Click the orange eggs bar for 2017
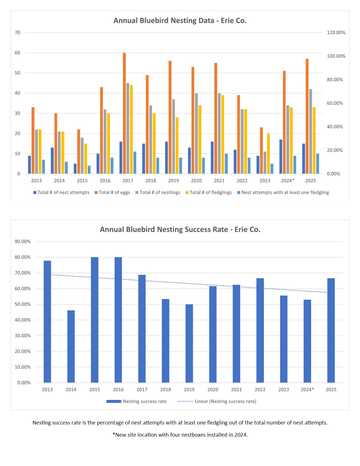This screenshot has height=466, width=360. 124,113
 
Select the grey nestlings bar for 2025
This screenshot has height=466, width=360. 311,131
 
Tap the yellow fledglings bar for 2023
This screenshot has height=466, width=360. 269,154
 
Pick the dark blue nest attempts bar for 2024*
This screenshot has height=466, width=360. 281,157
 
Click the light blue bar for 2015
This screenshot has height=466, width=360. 89,170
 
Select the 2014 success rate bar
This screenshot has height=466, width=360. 71,347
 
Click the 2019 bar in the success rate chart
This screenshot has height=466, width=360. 189,343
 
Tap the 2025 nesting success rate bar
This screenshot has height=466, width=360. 331,330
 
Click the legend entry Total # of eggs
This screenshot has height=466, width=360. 114,192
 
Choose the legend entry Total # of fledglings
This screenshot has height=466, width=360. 210,192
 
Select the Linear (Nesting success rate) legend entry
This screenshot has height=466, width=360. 225,401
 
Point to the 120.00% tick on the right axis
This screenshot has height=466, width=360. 336,32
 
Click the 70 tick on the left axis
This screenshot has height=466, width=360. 18,32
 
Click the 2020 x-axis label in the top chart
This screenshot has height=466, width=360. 196,181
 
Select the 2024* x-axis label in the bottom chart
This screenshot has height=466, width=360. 307,389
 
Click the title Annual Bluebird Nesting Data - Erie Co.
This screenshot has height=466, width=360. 180,21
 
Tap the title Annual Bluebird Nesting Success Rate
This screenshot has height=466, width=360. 180,229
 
